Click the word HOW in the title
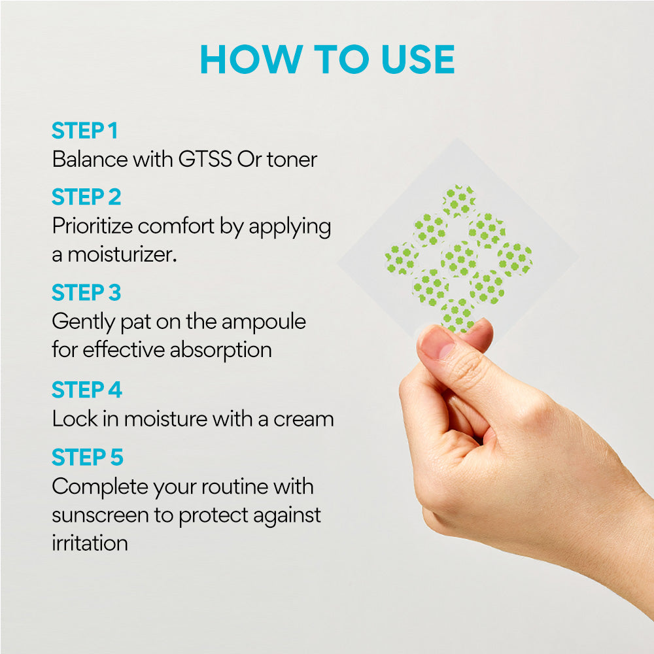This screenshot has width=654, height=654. coord(252,60)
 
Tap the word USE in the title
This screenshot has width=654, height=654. coord(418,60)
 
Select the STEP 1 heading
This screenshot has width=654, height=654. coord(84,131)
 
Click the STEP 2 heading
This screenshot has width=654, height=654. coord(86,197)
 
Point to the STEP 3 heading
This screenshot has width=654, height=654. coord(86,292)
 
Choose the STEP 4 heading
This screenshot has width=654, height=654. coord(87,390)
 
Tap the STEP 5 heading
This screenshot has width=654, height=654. coord(88,456)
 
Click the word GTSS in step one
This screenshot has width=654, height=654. coord(205,160)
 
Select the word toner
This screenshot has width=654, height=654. coord(292,160)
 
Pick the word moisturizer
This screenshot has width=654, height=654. coord(122,254)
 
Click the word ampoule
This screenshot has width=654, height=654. coord(264,322)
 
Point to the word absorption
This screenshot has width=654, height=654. coord(220,350)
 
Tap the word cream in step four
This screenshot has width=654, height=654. coord(303,419)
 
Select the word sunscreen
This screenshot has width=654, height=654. coord(100,515)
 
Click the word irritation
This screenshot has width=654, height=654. coord(90,543)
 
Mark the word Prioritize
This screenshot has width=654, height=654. coord(93,226)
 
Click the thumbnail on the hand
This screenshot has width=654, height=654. coord(438,342)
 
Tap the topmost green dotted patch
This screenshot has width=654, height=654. coord(458,201)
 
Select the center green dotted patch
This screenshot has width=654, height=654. coord(458,258)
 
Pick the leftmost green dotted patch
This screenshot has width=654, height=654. coord(402,258)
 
